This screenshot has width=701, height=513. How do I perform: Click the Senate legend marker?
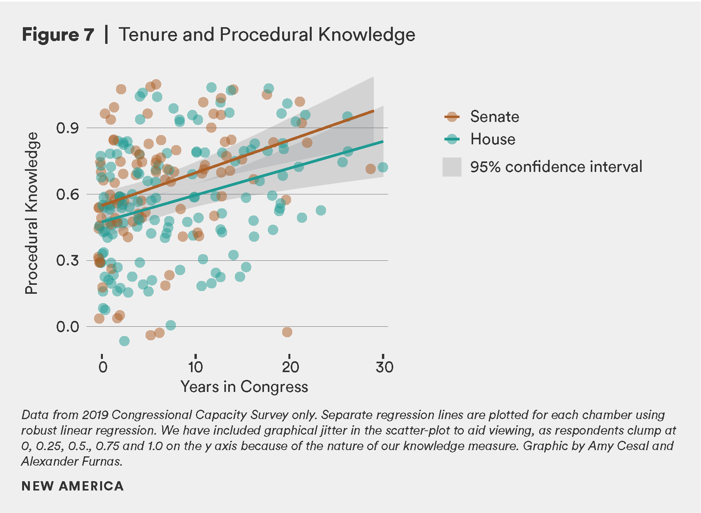pos(452,116)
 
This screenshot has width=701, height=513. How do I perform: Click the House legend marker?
pos(452,139)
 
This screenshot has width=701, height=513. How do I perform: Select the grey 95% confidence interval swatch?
pos(452,167)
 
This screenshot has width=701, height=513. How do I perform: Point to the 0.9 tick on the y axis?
pos(67,128)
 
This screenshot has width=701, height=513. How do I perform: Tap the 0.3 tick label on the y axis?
pos(67,260)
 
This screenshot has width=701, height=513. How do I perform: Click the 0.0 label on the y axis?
pos(67,327)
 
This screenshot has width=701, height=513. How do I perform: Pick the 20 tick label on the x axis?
pos(290,367)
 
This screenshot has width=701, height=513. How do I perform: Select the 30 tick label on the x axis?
pos(384,367)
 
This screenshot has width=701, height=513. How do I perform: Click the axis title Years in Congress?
pos(244,387)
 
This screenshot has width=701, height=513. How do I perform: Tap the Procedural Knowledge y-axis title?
pos(31,213)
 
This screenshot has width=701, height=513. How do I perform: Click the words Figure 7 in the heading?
pos(58,35)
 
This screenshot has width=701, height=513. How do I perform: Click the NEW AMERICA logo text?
pos(73,486)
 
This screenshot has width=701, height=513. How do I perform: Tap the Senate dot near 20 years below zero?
pos(287,332)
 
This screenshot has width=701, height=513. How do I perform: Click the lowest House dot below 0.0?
pos(124,341)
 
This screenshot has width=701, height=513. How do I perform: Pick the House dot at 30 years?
pos(383,167)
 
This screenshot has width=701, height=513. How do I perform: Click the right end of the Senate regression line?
pos(373,111)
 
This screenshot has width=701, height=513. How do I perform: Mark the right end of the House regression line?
pos(383,142)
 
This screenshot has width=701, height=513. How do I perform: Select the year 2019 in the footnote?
pos(95,415)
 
